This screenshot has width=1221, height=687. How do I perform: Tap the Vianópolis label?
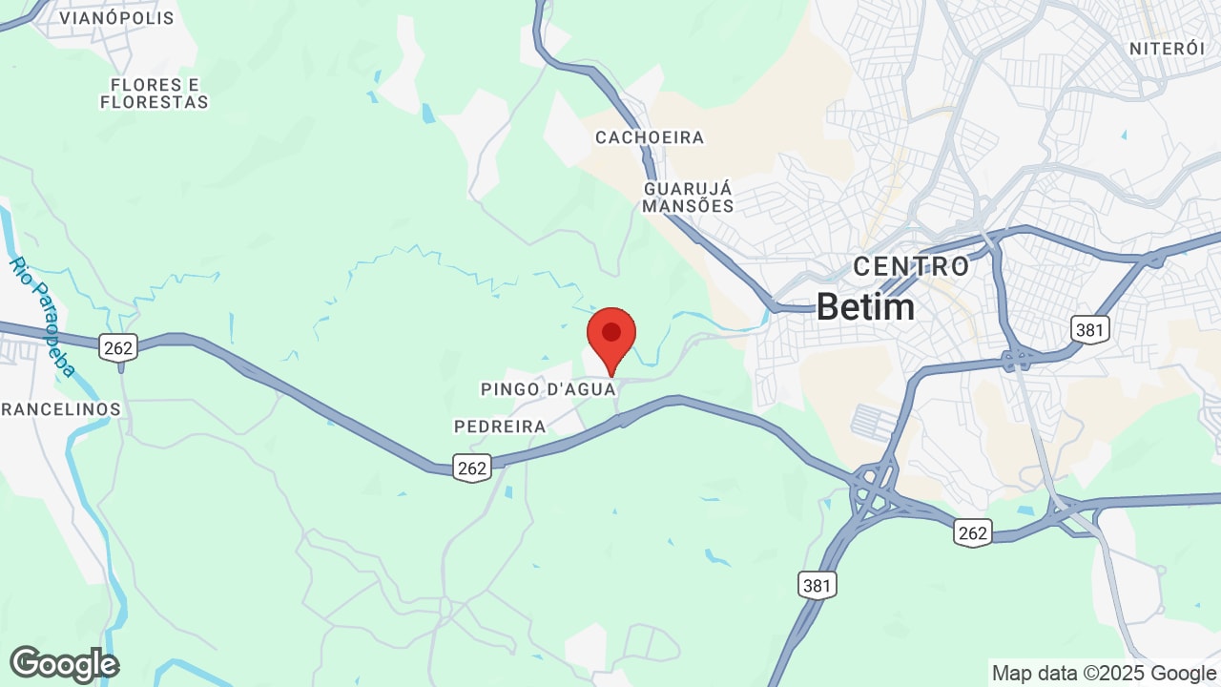(x=116, y=18)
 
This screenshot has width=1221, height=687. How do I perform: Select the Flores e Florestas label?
(x=154, y=94)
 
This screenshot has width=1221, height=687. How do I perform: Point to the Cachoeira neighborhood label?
(x=650, y=137)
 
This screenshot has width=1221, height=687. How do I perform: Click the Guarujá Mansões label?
(x=688, y=198)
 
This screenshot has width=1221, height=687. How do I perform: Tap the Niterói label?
(x=1168, y=49)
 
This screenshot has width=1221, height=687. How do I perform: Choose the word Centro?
(x=911, y=266)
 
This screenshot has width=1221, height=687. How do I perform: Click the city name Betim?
(x=865, y=306)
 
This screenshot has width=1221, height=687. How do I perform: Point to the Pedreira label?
(x=500, y=427)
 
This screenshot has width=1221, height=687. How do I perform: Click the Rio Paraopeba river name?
(x=43, y=316)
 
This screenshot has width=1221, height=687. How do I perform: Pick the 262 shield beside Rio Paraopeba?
(x=118, y=347)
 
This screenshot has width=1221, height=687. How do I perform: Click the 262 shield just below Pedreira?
(x=472, y=468)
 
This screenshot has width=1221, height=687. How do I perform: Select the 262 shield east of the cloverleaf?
(x=972, y=532)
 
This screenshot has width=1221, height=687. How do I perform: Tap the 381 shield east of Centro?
(x=1089, y=330)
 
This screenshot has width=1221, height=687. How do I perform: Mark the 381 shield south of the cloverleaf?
(x=817, y=585)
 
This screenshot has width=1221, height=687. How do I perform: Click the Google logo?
(x=64, y=664)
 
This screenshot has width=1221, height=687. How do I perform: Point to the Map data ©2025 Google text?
(x=1104, y=673)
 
